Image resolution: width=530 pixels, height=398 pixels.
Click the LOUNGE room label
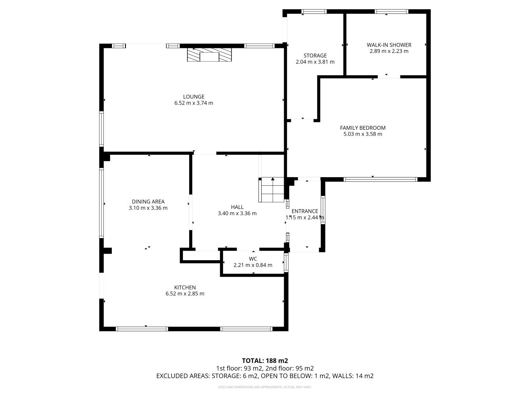(194, 97)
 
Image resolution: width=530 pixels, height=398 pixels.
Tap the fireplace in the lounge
(209, 55)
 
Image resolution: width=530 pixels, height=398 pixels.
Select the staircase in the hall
(271, 189)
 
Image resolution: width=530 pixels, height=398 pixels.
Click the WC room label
(253, 259)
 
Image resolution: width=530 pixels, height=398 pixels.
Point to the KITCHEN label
(185, 287)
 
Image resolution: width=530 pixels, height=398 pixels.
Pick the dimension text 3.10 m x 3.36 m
(148, 208)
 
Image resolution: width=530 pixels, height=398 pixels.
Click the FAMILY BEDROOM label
(363, 128)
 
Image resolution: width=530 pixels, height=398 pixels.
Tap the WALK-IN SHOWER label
(389, 45)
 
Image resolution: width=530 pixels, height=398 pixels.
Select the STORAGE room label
(315, 56)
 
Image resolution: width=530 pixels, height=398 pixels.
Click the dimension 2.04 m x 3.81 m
(315, 62)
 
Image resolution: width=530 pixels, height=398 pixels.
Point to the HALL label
(237, 207)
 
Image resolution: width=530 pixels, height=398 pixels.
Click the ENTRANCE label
(305, 211)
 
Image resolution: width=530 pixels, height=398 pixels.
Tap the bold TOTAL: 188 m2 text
(265, 361)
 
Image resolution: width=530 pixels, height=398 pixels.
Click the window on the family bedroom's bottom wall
(380, 179)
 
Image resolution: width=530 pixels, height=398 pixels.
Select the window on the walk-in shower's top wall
(391, 11)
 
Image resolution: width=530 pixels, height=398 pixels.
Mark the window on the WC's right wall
(286, 262)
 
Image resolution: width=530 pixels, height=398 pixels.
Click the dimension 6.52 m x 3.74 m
(194, 103)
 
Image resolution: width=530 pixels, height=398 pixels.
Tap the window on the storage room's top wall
(314, 11)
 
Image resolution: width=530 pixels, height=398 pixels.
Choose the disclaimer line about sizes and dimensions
(265, 387)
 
